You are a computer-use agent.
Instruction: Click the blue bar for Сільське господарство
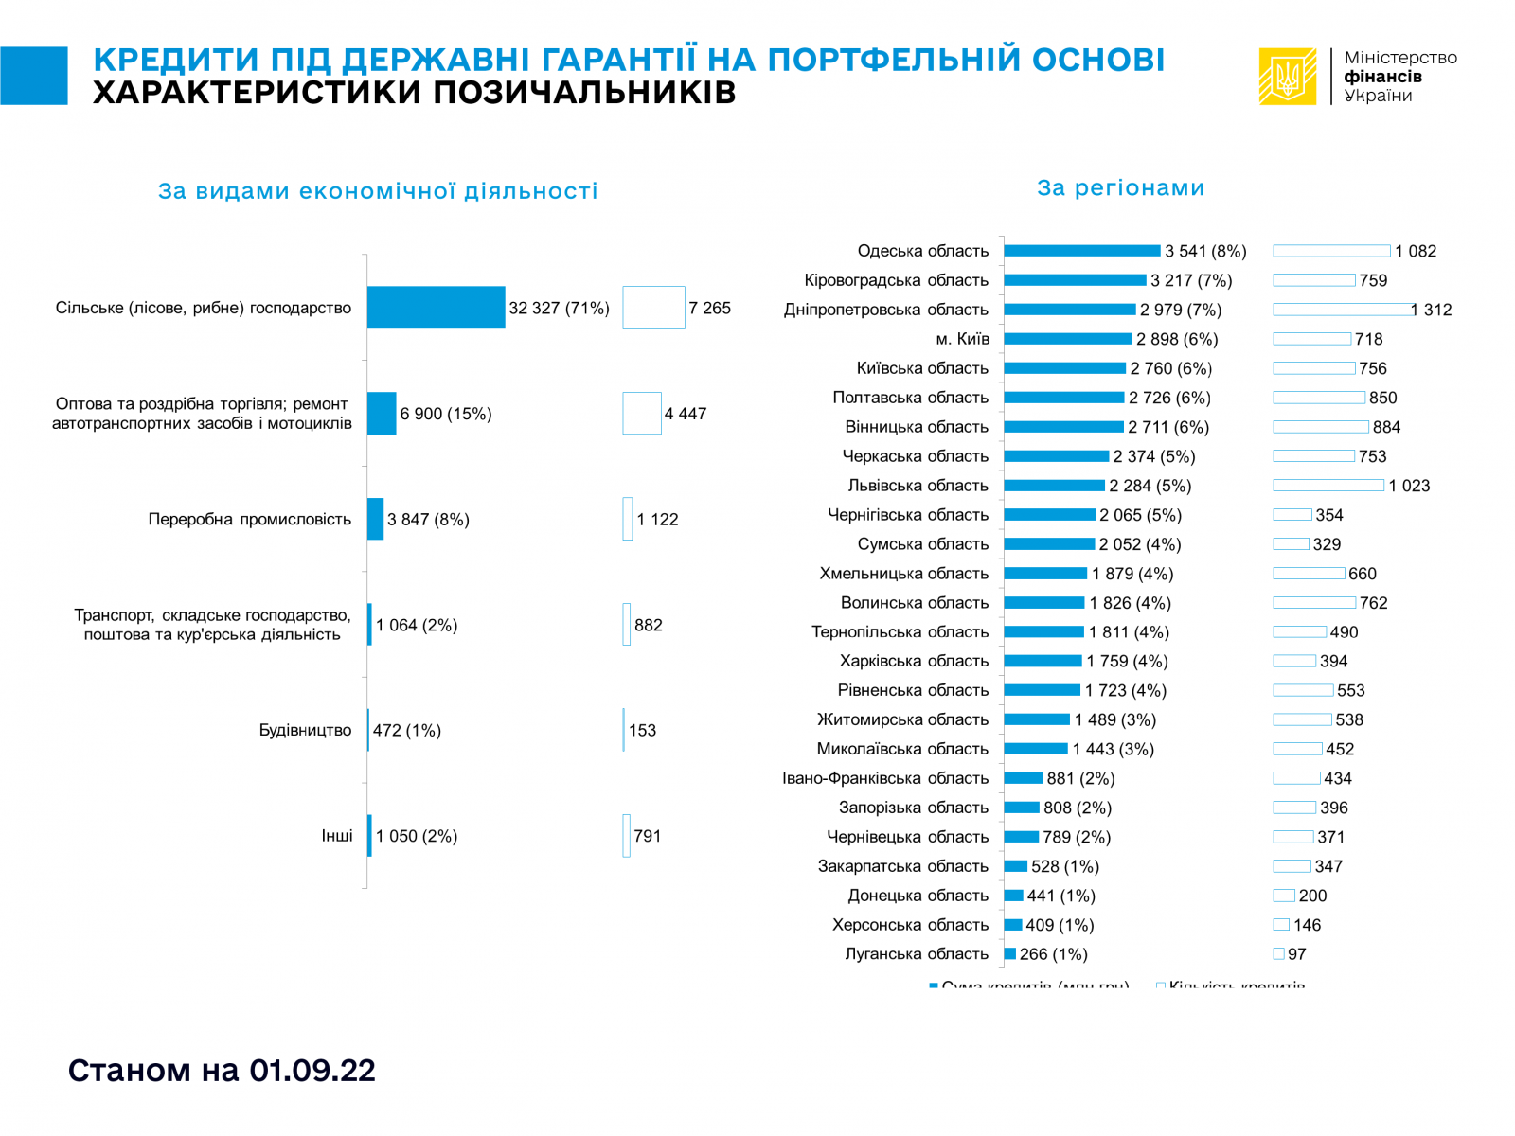point(436,308)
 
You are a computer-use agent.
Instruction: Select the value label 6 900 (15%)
point(445,414)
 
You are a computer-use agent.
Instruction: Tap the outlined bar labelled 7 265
point(653,308)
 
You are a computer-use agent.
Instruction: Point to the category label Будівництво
point(305,730)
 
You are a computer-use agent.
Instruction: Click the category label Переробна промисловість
point(249,519)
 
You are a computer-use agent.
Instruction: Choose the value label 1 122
point(657,519)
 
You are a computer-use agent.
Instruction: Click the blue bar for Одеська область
point(1081,251)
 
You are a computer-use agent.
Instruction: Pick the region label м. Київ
point(962,339)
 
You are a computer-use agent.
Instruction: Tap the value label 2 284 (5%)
point(1150,486)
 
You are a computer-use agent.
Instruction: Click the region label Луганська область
point(917,954)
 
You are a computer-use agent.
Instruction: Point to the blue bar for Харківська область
point(1043,661)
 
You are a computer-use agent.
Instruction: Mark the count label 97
point(1297,954)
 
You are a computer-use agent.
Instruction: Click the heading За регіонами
point(1120,187)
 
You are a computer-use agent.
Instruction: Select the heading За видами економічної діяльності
point(378,191)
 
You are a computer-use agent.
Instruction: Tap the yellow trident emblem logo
point(1287,77)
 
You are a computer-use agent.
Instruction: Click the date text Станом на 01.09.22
point(222,1070)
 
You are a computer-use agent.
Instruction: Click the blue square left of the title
point(34,76)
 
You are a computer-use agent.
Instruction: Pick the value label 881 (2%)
point(1080,778)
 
